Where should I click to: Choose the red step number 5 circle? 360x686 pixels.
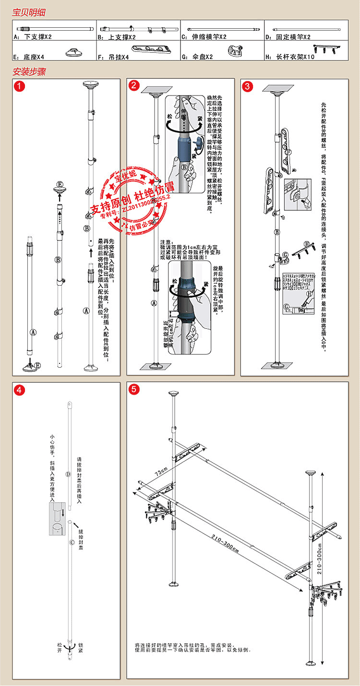click(x=134, y=389)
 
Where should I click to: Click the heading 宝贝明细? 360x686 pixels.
click(x=29, y=12)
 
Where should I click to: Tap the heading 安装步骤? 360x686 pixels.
click(x=29, y=73)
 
